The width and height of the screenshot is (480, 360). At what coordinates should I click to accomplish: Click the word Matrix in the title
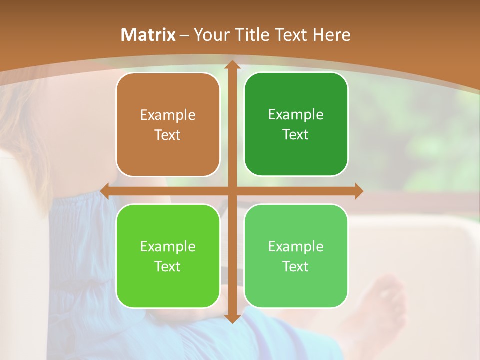tap(148, 35)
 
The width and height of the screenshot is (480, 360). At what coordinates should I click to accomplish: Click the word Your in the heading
tap(210, 35)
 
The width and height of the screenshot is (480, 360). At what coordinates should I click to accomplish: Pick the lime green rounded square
tap(168, 285)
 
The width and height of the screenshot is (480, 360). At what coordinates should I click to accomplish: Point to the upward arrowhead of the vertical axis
tap(232, 65)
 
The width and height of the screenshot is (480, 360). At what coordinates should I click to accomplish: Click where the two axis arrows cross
tap(232, 191)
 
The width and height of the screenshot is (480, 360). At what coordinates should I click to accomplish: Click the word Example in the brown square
tap(168, 115)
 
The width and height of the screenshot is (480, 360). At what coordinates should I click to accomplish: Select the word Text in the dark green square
tap(296, 135)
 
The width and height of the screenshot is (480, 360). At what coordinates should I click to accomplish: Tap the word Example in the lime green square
tap(168, 246)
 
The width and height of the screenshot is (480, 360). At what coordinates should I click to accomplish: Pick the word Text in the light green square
tap(296, 266)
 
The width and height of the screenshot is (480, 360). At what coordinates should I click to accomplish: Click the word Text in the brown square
tap(168, 135)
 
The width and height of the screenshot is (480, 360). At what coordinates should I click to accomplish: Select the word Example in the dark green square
tap(296, 115)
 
